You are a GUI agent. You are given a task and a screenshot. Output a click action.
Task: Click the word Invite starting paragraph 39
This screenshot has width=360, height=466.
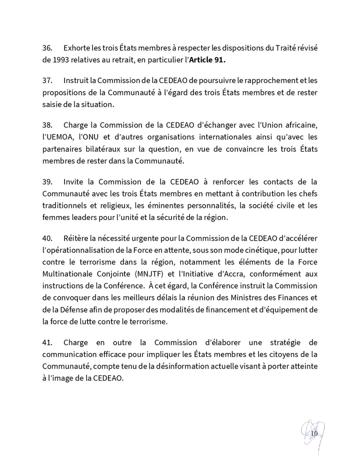click(74, 181)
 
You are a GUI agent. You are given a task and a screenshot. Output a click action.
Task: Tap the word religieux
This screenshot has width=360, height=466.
click(110, 206)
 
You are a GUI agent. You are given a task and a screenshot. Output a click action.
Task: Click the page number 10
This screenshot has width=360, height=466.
click(314, 432)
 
